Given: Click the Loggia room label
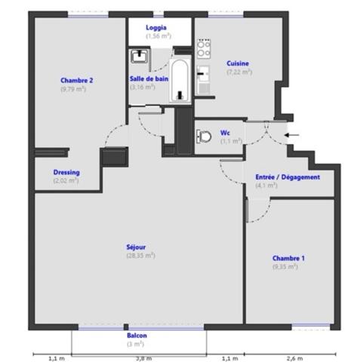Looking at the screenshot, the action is pos(156,28).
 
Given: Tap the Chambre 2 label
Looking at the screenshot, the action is pos(77,81).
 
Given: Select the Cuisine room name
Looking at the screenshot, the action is pos(238,63).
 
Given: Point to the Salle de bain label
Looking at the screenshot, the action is pos(149,79).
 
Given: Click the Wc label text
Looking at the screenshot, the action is pos(225,133).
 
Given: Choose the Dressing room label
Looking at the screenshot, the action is pos(66,173).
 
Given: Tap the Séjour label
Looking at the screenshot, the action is pos(136,247).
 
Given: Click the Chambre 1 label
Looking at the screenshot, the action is pos(288,258).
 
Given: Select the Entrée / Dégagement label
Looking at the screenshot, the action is pos(288,177).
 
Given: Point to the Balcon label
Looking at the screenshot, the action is pos(137,336).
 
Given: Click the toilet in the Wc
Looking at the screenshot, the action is pos(204,137).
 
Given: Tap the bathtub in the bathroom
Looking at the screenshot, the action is pos(180,81).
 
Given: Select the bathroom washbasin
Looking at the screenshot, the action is pos(139,56).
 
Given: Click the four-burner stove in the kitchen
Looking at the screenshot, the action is pos(204,49).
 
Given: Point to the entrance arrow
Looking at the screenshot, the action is pos(292,135).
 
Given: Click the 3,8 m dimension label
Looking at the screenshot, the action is pos(144,358).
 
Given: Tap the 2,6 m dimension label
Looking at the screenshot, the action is pos(295,358).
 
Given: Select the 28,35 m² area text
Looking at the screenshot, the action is pos(140,256).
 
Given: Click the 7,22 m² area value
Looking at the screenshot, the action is pos(239,72).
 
